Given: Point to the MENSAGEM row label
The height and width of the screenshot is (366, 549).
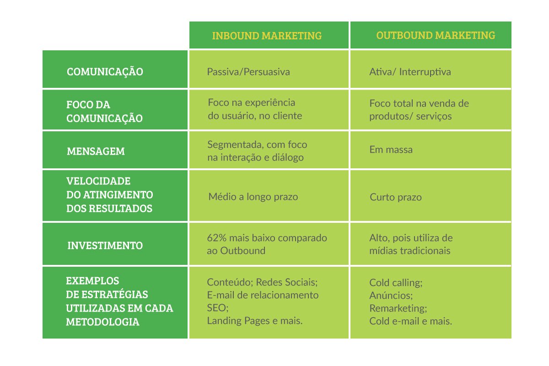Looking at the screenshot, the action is [96, 151].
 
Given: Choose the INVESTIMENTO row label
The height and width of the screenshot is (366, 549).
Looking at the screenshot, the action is [105, 245].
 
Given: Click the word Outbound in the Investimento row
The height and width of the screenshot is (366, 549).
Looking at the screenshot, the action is [242, 251].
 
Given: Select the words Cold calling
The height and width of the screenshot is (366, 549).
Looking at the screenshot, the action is [396, 283].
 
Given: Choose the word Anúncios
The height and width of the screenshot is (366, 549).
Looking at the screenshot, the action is [391, 296].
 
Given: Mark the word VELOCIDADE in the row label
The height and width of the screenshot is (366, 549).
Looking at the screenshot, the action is [98, 181].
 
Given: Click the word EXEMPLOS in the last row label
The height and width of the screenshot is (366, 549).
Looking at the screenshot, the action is [92, 281].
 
